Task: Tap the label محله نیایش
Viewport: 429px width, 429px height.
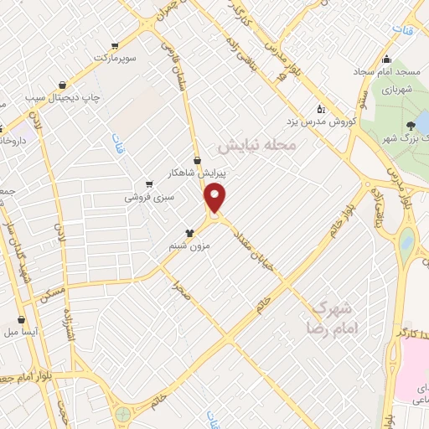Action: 259,145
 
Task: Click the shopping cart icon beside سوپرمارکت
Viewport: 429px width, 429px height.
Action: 115,46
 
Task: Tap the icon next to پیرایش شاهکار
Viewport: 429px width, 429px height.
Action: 197,159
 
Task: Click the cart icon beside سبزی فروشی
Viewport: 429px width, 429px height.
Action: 149,184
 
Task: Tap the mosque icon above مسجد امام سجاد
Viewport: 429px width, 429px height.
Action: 386,59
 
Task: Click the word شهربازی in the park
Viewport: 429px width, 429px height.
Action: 400,87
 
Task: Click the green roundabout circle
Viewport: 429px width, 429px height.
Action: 123,413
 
